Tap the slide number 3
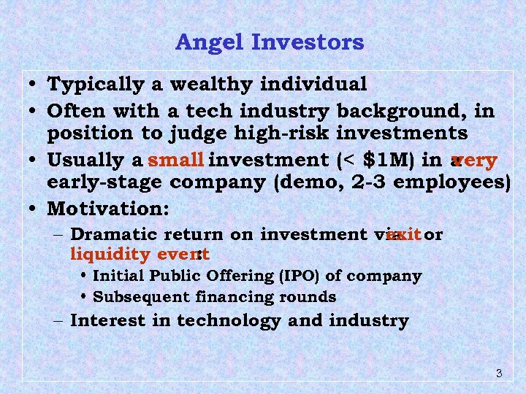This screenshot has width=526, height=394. [498, 374]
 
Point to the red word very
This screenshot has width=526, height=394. [476, 161]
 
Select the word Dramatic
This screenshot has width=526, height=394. [115, 235]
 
